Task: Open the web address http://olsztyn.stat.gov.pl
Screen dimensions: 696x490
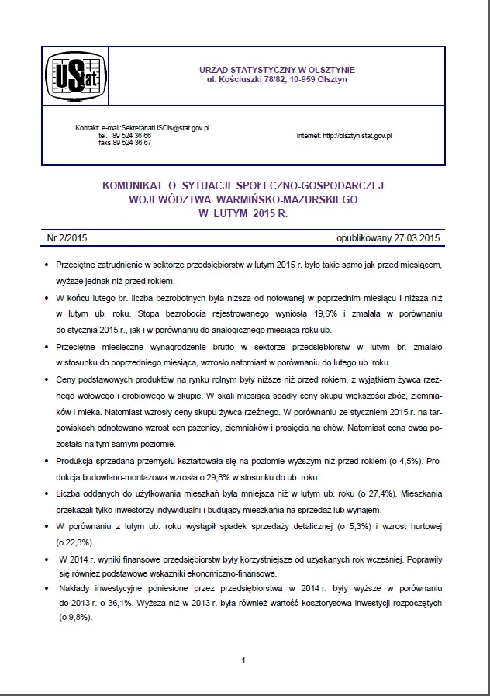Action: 357,136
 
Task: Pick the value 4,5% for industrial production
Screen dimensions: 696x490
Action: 402,460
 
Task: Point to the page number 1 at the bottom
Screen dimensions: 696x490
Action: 243,660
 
